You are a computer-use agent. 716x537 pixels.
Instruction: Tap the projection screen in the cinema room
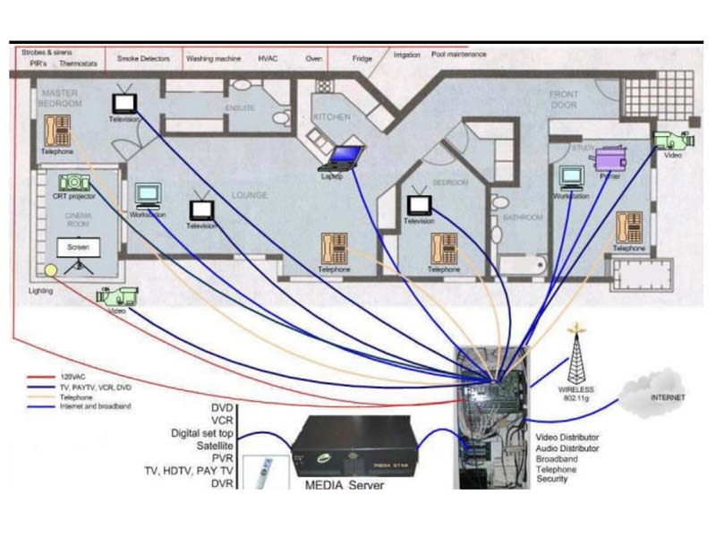78,248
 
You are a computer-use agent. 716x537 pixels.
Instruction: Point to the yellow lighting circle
51,269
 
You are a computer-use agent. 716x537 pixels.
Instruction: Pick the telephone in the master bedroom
57,132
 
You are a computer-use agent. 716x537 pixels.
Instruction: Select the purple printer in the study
610,158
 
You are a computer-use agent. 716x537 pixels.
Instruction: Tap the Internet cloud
663,392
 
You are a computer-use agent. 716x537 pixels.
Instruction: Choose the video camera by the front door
673,140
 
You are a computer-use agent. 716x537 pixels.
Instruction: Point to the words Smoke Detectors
142,58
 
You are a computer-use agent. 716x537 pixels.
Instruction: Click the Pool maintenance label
459,55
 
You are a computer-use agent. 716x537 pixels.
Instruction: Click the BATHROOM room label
523,217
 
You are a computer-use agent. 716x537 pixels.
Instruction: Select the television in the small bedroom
419,205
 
